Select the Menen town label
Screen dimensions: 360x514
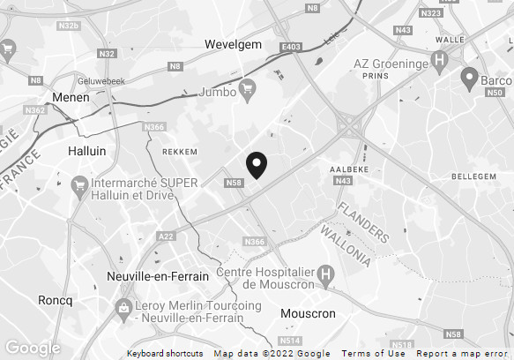[x=71, y=98]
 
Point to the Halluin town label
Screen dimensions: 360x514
[x=86, y=151]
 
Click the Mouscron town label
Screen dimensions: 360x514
[x=308, y=313]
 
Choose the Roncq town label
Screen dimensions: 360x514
[x=55, y=300]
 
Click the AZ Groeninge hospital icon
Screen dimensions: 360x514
[x=442, y=64]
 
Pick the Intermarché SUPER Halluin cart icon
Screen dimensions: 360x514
[x=78, y=185]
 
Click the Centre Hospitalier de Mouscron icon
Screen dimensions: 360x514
[x=327, y=275]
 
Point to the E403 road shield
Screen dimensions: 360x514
[x=291, y=47]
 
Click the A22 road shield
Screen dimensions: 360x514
[x=166, y=236]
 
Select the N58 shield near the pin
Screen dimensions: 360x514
[x=234, y=183]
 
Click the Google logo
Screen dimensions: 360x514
[x=33, y=348]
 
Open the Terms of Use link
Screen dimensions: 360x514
[x=374, y=354]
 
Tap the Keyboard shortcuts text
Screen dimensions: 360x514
[x=165, y=354]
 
